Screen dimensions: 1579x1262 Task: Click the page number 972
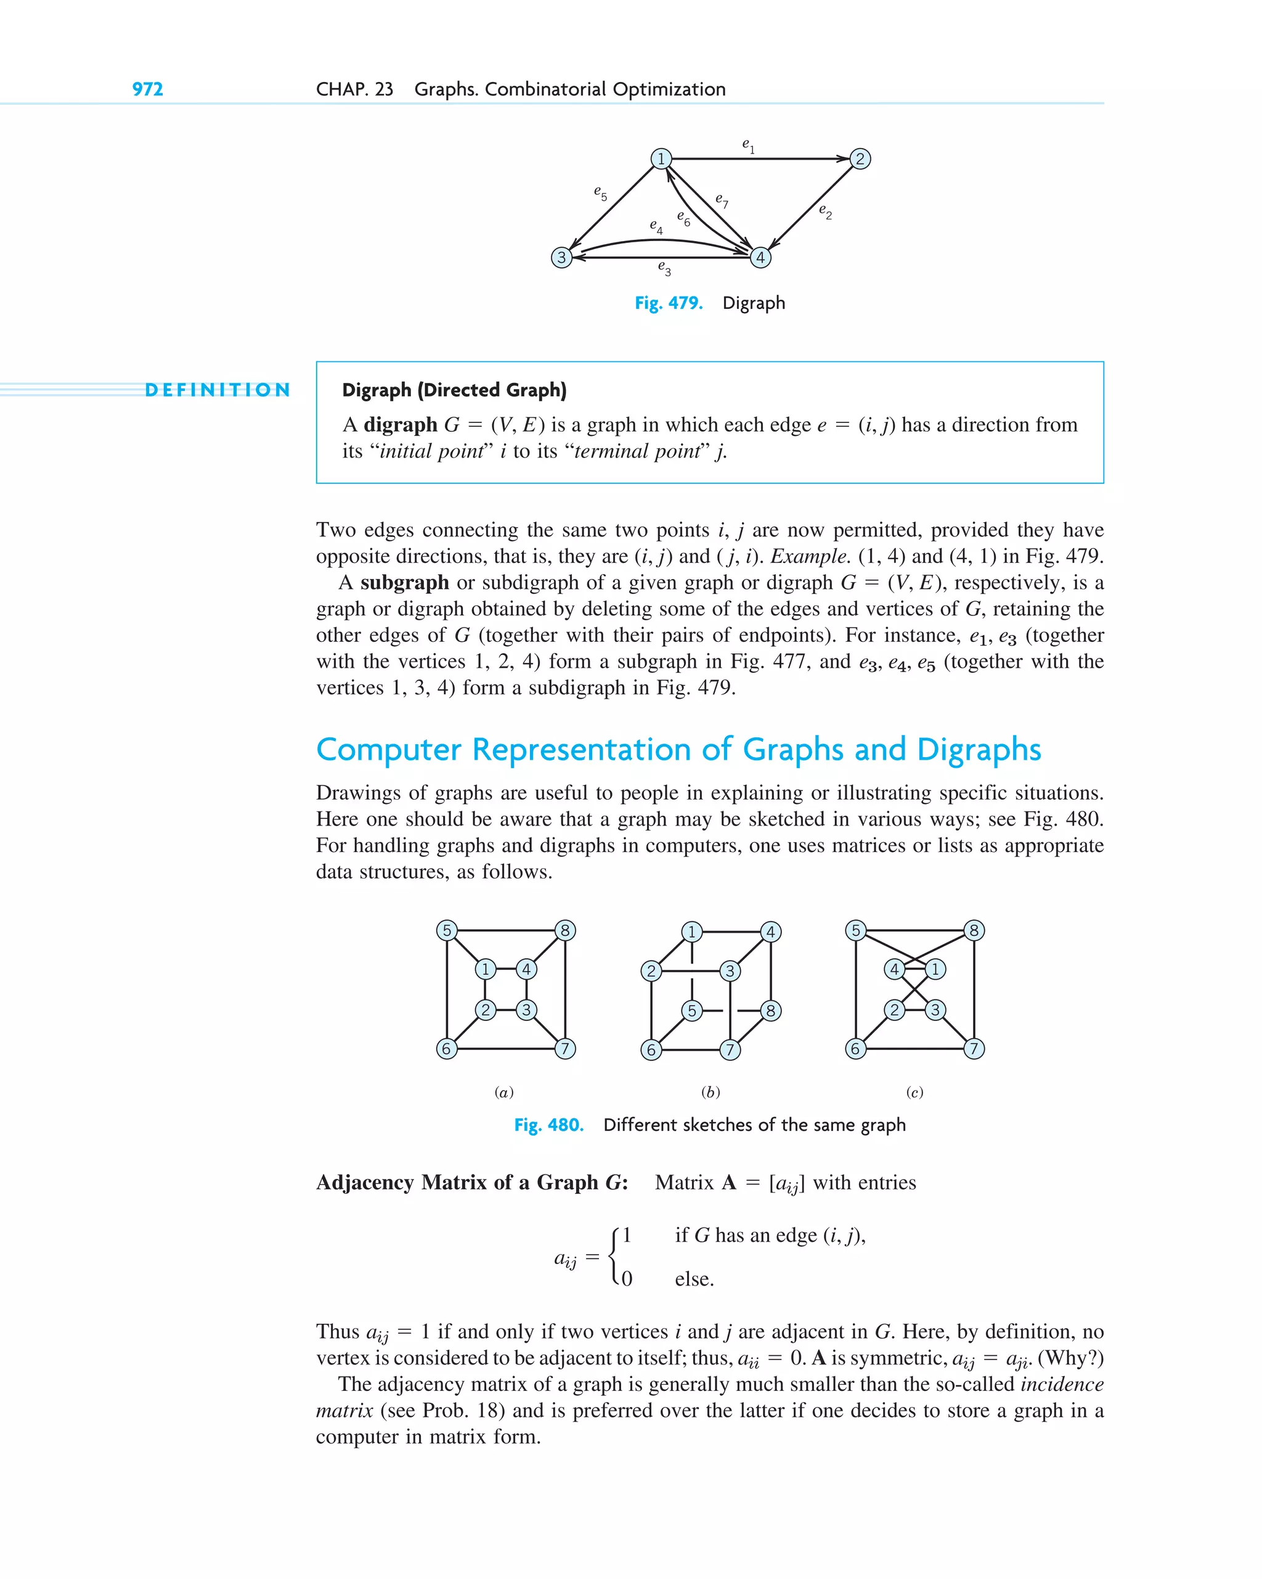[147, 89]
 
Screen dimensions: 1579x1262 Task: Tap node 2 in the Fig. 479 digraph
[860, 159]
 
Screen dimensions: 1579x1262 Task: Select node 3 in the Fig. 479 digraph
[561, 258]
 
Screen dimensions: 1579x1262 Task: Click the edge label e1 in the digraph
[748, 145]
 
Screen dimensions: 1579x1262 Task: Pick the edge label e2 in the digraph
[825, 211]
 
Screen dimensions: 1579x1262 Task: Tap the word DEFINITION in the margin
[218, 390]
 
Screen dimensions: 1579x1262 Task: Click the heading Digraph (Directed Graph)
[454, 390]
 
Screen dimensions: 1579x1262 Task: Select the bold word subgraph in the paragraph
[404, 583]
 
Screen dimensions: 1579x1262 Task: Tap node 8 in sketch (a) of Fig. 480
[565, 931]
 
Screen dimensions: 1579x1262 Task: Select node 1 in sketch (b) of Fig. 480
[692, 932]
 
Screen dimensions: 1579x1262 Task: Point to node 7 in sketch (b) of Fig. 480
[730, 1050]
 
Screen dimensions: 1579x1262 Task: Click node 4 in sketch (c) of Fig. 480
[894, 970]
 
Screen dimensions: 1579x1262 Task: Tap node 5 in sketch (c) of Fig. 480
[855, 931]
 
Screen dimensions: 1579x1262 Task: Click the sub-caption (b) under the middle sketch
[710, 1093]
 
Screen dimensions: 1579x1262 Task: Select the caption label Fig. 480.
[548, 1125]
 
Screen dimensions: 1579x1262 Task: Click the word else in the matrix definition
[693, 1279]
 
